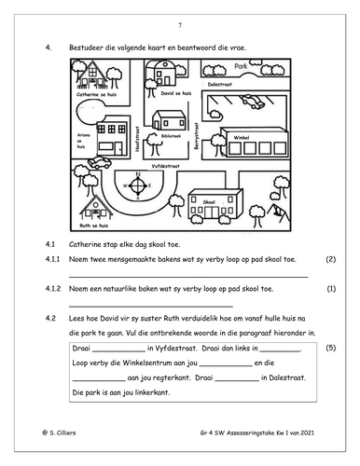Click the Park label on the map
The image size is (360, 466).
pyautogui.click(x=241, y=66)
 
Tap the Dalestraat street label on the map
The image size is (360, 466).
pyautogui.click(x=220, y=84)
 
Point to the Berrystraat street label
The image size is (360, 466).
pyautogui.click(x=196, y=136)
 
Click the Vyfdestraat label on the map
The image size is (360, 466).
pyautogui.click(x=165, y=166)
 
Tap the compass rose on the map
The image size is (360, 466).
pyautogui.click(x=138, y=185)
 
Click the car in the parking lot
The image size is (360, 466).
pyautogui.click(x=253, y=102)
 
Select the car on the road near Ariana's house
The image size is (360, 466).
pyautogui.click(x=100, y=162)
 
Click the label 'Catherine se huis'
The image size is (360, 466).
pyautogui.click(x=96, y=94)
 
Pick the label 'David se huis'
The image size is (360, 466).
pyautogui.click(x=176, y=93)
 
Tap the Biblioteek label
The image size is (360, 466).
pyautogui.click(x=171, y=136)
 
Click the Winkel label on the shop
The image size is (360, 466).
pyautogui.click(x=242, y=137)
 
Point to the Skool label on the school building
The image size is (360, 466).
pyautogui.click(x=209, y=202)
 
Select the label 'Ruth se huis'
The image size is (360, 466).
pyautogui.click(x=94, y=226)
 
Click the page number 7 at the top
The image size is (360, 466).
pyautogui.click(x=180, y=25)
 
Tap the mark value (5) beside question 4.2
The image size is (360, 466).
pyautogui.click(x=331, y=348)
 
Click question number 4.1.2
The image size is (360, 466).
pyautogui.click(x=53, y=289)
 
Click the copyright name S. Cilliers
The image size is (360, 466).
pyautogui.click(x=62, y=432)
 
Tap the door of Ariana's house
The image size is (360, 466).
pyautogui.click(x=118, y=148)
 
